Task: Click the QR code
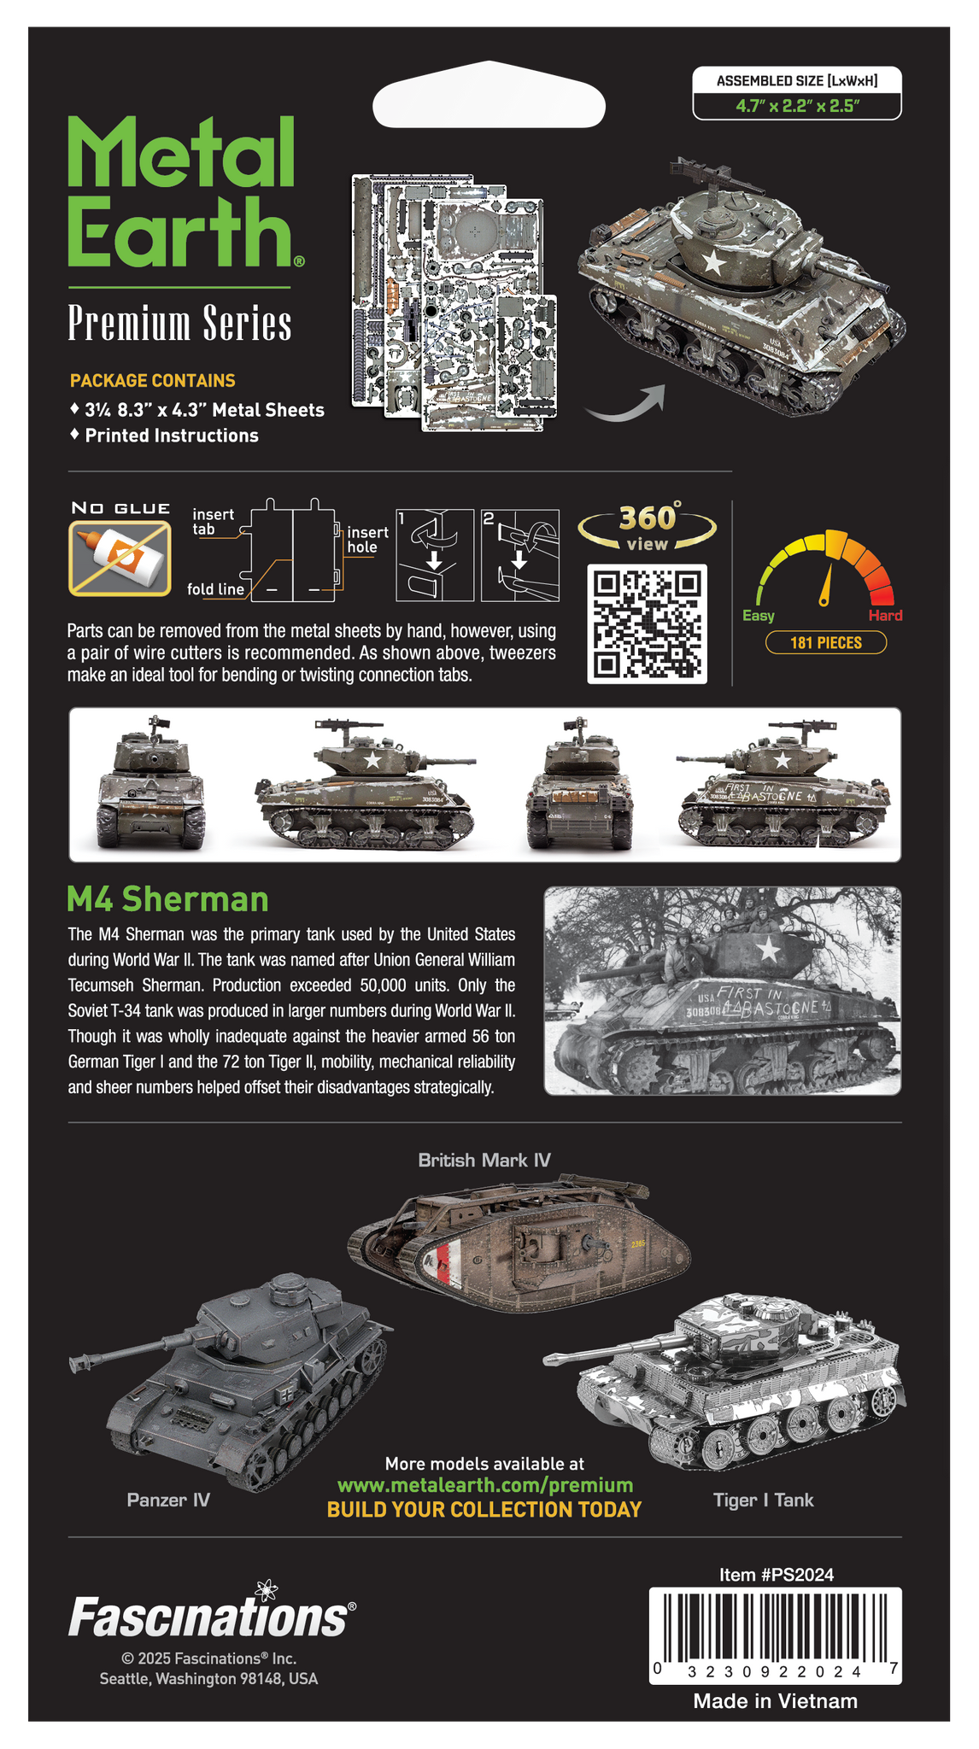647,623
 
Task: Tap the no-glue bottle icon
120,559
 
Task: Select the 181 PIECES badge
825,642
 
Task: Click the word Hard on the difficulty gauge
885,615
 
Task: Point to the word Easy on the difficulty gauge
759,616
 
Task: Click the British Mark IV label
484,1160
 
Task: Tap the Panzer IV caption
168,1500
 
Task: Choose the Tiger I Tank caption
763,1500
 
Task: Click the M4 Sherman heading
167,899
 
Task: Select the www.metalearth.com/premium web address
485,1485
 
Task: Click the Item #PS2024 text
776,1575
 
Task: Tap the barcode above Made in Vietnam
776,1635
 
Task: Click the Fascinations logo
211,1612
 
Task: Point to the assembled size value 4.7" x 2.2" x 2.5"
797,106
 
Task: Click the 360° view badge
647,527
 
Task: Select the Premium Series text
179,324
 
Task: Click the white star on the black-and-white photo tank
768,949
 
